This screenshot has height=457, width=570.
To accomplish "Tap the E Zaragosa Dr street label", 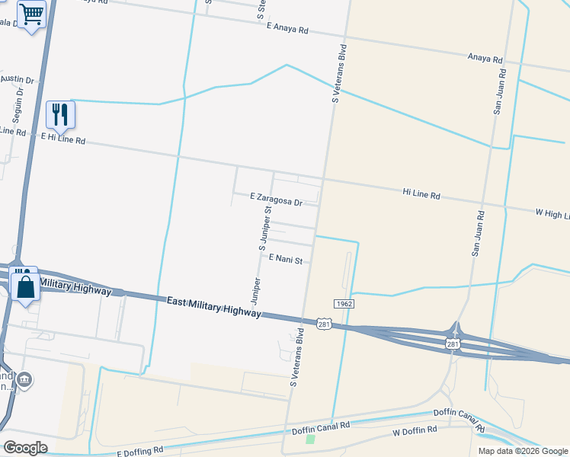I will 277,199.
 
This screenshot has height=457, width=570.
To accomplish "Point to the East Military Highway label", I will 214,308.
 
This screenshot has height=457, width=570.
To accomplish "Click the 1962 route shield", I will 343,303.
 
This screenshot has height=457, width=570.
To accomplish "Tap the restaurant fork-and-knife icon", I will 60,114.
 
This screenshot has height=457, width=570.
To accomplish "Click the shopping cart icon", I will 32,14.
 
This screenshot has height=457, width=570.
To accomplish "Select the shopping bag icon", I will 26,286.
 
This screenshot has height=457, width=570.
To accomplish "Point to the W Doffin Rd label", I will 417,433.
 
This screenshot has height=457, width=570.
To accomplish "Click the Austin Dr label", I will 18,79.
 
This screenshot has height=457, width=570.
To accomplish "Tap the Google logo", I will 25,448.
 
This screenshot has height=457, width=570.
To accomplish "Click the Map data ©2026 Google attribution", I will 522,451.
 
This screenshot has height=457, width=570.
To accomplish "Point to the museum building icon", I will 24,379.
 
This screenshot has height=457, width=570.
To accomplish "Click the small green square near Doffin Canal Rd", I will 310,439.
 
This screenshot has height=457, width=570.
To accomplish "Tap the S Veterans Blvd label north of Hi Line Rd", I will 338,74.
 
